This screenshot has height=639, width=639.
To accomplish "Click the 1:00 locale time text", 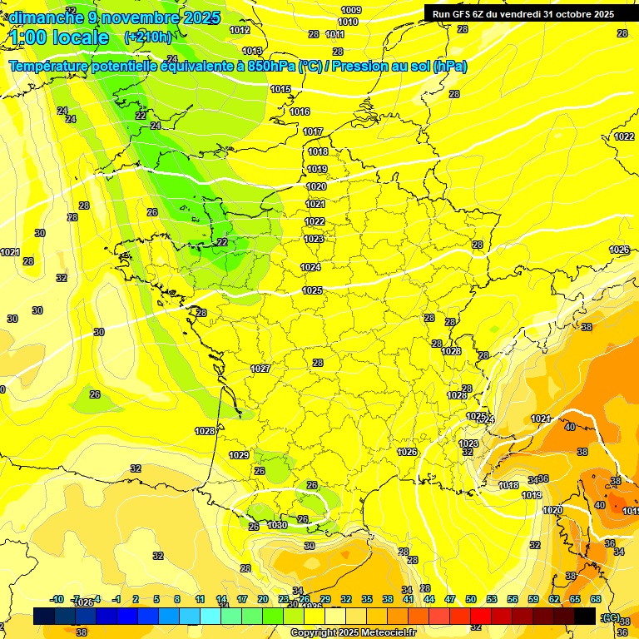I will (x=59, y=37).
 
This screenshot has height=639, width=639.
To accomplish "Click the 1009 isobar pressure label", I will (x=351, y=10).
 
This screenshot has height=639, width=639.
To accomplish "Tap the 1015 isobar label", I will (x=280, y=89).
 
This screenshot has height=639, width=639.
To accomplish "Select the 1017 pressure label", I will (x=313, y=131).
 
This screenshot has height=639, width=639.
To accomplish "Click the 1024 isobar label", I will (x=310, y=267).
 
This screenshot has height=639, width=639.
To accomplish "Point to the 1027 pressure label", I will (x=260, y=368).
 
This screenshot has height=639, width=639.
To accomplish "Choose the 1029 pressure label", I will (x=239, y=455).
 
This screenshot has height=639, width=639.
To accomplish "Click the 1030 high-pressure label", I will (x=278, y=525).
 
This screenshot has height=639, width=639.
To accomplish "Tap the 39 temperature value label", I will (x=310, y=545).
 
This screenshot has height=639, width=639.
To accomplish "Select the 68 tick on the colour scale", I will (x=596, y=599).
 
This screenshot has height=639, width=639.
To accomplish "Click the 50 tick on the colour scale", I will (x=471, y=599).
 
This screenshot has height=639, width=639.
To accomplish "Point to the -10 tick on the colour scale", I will (x=57, y=599).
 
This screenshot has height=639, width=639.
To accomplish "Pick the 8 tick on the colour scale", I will (x=177, y=599).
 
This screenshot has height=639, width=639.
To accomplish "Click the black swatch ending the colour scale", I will (x=585, y=616).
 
